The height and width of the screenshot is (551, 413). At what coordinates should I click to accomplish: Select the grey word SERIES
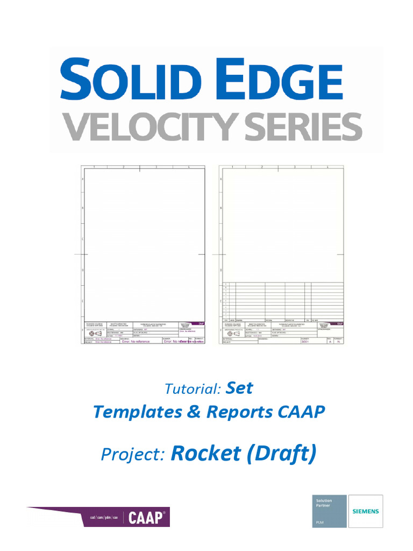pos(301,128)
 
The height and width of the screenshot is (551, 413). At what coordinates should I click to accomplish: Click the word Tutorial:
pos(193,388)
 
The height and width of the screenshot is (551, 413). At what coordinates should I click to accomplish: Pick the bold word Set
pos(240,387)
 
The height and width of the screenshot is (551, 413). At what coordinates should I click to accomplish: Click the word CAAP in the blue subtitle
pos(302,412)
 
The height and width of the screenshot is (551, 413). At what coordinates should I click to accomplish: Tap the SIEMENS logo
pos(366,511)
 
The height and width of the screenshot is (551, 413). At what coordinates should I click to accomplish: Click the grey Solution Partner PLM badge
pos(330,511)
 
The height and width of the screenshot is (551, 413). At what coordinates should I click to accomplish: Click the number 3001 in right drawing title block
pos(306,341)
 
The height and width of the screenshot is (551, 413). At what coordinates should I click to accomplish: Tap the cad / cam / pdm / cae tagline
pos(103,518)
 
